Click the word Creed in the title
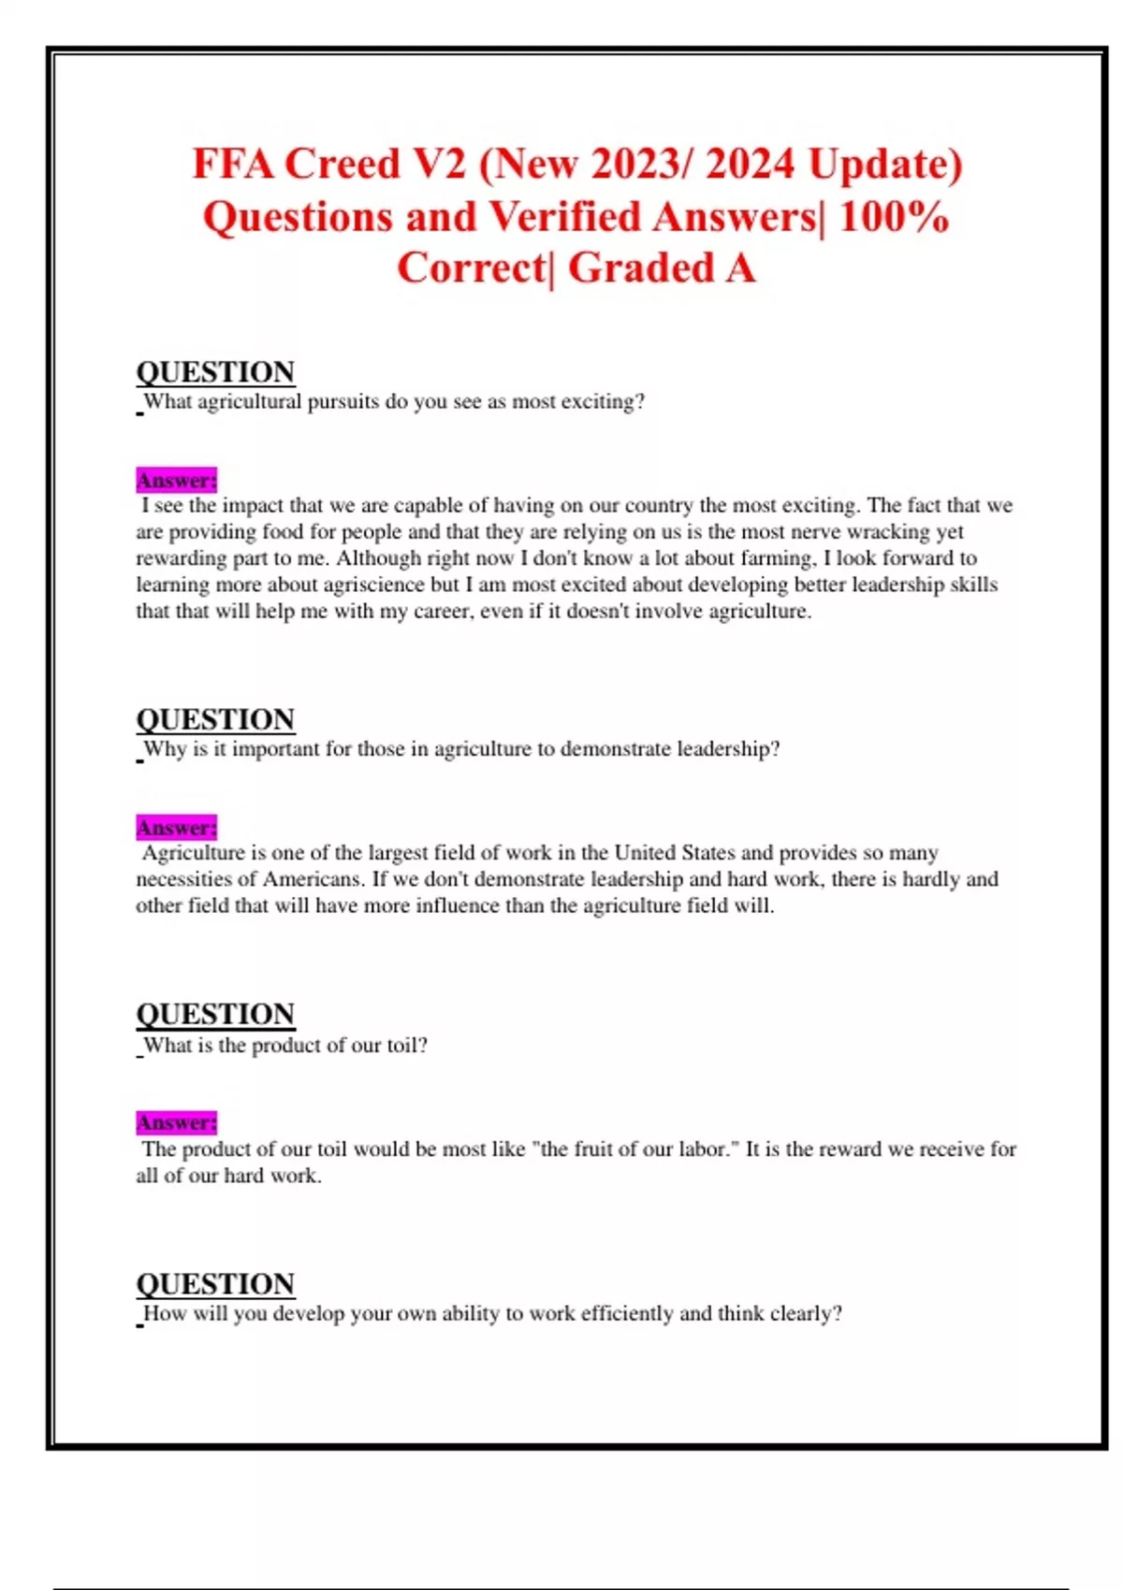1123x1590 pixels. [x=342, y=165]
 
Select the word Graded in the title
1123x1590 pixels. [x=641, y=268]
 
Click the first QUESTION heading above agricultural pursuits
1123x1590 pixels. [x=215, y=372]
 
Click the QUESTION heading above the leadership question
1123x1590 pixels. [x=215, y=719]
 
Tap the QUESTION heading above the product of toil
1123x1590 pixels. [x=215, y=1015]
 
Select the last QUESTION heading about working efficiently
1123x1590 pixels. [x=215, y=1284]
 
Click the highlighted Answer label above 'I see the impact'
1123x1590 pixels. [x=176, y=481]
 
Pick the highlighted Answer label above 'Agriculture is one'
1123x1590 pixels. [x=176, y=828]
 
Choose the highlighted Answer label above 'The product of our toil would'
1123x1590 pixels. [x=176, y=1122]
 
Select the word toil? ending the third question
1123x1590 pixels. [x=407, y=1046]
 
